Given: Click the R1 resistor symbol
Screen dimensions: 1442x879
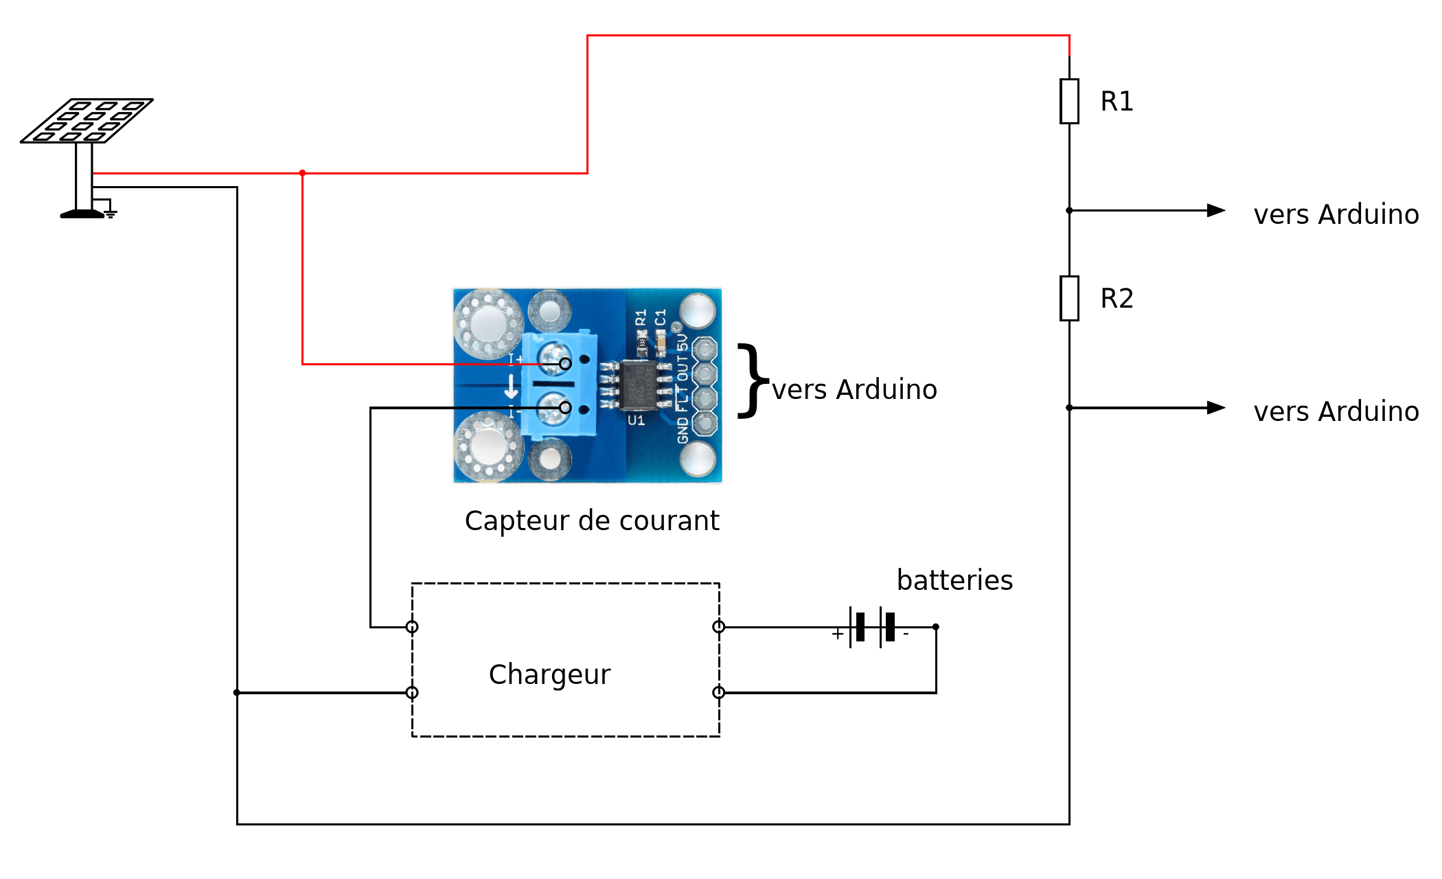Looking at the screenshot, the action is (1069, 102).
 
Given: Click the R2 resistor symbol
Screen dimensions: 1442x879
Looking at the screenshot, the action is (1069, 299).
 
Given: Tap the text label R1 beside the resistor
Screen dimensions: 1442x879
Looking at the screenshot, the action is (1117, 102).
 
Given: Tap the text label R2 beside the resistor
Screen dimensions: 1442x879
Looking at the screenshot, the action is (1117, 299).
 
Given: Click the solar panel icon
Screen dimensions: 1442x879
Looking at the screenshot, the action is (87, 121).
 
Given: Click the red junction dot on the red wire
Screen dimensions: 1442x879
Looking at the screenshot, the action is (302, 173).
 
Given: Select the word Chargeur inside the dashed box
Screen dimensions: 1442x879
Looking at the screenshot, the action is (549, 675).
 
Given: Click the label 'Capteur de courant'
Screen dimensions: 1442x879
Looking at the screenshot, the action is (592, 521).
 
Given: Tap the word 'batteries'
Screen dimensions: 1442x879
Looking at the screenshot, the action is (954, 580).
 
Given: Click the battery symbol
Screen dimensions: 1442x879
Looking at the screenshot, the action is (872, 627).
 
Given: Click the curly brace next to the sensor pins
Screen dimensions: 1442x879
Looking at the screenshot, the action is (753, 380).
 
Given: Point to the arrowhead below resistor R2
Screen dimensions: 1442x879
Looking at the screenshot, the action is (1216, 408).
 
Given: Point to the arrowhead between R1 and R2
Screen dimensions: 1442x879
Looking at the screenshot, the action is (1216, 210).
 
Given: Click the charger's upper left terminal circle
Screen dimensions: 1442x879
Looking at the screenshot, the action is (412, 627).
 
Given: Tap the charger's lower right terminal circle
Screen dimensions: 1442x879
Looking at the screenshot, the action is (719, 692).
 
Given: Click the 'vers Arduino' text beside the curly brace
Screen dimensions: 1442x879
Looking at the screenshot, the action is (854, 390).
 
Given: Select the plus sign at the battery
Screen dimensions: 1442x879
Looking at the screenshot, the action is (838, 634).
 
